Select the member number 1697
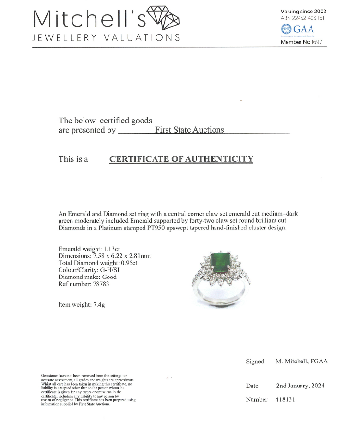click(x=316, y=42)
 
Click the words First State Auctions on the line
click(x=189, y=130)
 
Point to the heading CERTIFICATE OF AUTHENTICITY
click(x=181, y=159)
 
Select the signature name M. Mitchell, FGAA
click(x=302, y=362)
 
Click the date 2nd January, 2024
click(x=300, y=386)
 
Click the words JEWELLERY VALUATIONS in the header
click(x=106, y=38)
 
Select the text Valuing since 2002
click(x=303, y=11)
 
